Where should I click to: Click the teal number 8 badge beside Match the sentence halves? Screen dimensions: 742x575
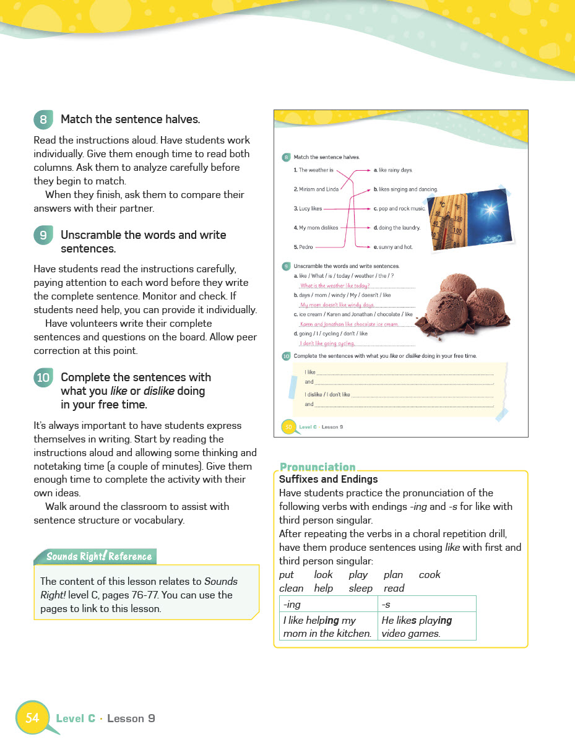click(x=43, y=119)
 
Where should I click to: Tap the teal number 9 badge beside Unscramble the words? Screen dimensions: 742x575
click(x=43, y=235)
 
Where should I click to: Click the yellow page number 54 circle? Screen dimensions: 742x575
click(x=32, y=718)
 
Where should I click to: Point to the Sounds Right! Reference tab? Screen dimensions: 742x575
click(x=98, y=556)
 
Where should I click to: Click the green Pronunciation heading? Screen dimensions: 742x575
click(x=318, y=467)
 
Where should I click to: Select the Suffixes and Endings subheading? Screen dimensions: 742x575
click(x=328, y=479)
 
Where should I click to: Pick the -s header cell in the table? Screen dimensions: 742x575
click(x=426, y=604)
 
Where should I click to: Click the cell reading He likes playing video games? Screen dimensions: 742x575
click(x=426, y=626)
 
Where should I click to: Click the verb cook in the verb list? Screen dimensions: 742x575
click(x=430, y=575)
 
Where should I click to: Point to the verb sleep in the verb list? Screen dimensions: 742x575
click(x=360, y=589)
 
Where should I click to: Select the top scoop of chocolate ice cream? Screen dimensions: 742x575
click(x=458, y=290)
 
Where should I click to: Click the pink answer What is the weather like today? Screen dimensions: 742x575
click(x=334, y=286)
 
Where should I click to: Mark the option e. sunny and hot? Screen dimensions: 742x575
click(x=392, y=247)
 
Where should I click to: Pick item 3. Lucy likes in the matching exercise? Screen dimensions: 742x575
click(x=308, y=209)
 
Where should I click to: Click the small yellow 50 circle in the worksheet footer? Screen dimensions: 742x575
click(x=288, y=427)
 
